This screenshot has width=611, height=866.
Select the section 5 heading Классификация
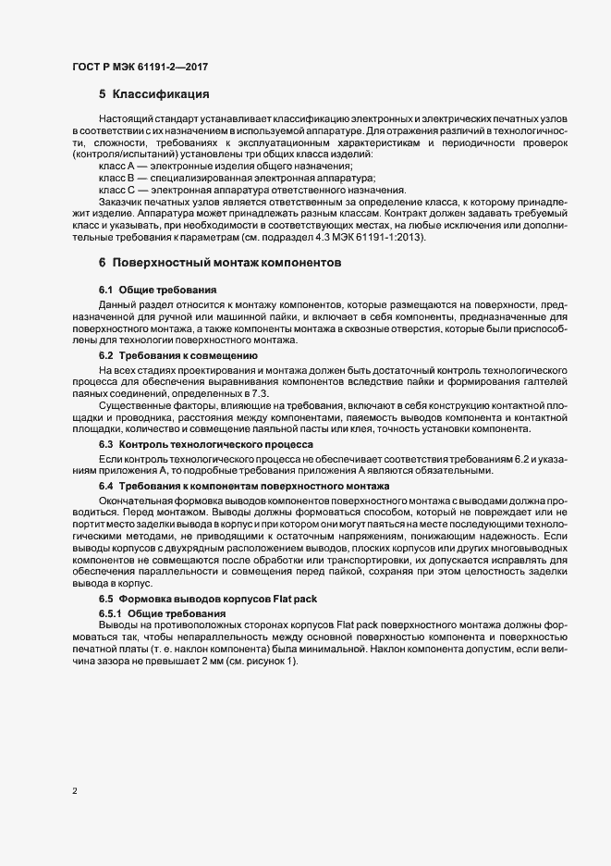[154, 94]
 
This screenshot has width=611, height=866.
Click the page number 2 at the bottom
[74, 791]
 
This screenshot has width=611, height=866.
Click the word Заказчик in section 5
[124, 202]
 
